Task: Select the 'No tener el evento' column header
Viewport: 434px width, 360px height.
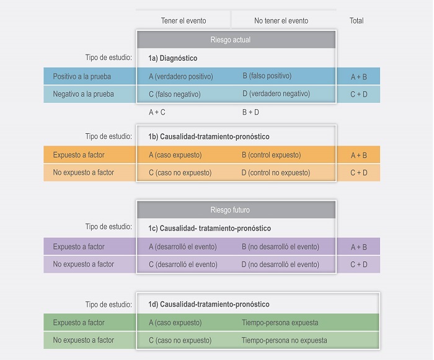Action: (281, 20)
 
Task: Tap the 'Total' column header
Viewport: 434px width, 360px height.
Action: (356, 20)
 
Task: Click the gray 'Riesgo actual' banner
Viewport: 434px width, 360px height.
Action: (236, 40)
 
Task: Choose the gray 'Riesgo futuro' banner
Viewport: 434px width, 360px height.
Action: (236, 210)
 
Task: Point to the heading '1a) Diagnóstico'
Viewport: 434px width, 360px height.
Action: (172, 58)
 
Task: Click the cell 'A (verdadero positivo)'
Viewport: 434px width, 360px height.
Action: (180, 76)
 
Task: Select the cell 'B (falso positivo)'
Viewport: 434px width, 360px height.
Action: (267, 76)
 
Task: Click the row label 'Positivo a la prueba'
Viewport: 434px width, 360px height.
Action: (83, 76)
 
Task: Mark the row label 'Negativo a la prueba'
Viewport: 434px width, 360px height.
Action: (83, 94)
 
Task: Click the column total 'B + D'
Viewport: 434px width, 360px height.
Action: (250, 112)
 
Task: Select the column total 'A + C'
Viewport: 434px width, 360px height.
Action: (157, 112)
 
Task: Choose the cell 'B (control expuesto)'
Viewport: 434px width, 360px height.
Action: (271, 155)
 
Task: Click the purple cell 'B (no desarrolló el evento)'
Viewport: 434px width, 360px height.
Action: (280, 247)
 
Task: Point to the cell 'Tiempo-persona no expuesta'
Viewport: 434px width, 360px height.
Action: (283, 340)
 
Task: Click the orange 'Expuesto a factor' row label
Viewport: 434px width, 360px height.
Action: (79, 155)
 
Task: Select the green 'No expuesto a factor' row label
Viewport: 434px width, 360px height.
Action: (84, 340)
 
